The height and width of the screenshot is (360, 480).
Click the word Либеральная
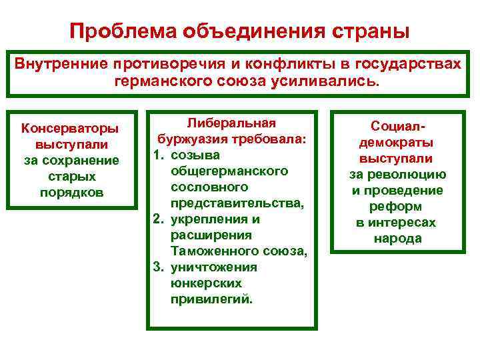231,123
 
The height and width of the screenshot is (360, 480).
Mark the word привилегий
212,299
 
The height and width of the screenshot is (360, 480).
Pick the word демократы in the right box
397,143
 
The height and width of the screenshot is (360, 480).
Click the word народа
397,239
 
